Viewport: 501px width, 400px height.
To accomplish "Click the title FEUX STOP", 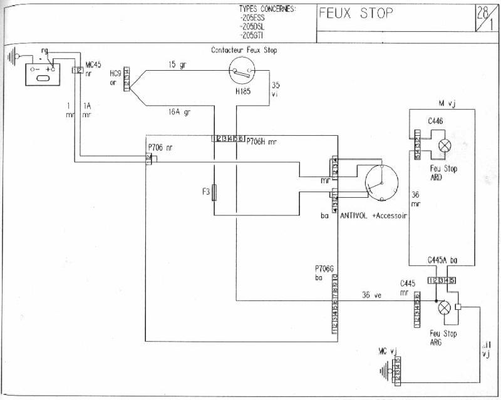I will [x=356, y=13].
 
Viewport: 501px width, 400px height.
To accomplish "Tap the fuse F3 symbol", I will [x=215, y=192].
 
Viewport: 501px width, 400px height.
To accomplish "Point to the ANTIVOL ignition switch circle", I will [x=382, y=183].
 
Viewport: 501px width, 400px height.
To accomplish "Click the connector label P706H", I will [x=257, y=142].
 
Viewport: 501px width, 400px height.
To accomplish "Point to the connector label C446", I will [x=436, y=121].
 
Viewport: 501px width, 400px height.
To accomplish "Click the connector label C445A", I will [x=440, y=259].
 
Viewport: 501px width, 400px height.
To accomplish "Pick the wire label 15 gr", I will [x=177, y=64].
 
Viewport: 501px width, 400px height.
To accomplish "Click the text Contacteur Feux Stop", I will [x=244, y=50].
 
